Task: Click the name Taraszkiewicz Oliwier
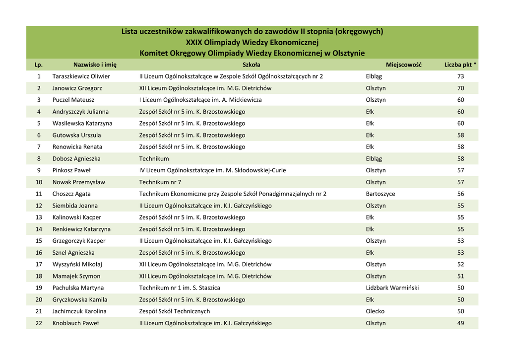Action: coord(81,76)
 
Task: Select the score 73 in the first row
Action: coord(460,76)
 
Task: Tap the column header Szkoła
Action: coord(252,65)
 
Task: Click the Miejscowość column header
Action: coord(403,65)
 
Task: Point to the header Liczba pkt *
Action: coord(460,65)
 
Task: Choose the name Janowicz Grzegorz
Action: coord(77,88)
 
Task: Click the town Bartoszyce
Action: coord(381,194)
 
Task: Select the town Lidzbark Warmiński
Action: coord(392,288)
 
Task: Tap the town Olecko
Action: coord(375,311)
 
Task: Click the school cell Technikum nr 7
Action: coord(160,182)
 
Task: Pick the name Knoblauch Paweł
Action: coord(75,323)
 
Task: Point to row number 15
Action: coord(39,241)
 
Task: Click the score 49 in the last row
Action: coord(460,323)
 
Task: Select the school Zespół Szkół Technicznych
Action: coord(175,311)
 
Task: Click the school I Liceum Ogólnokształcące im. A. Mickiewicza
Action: coord(200,100)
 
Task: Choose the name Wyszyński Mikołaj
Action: coord(77,264)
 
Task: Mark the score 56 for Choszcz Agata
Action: coord(460,194)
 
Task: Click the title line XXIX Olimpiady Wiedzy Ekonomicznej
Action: coord(252,42)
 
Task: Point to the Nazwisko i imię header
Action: coord(95,65)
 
